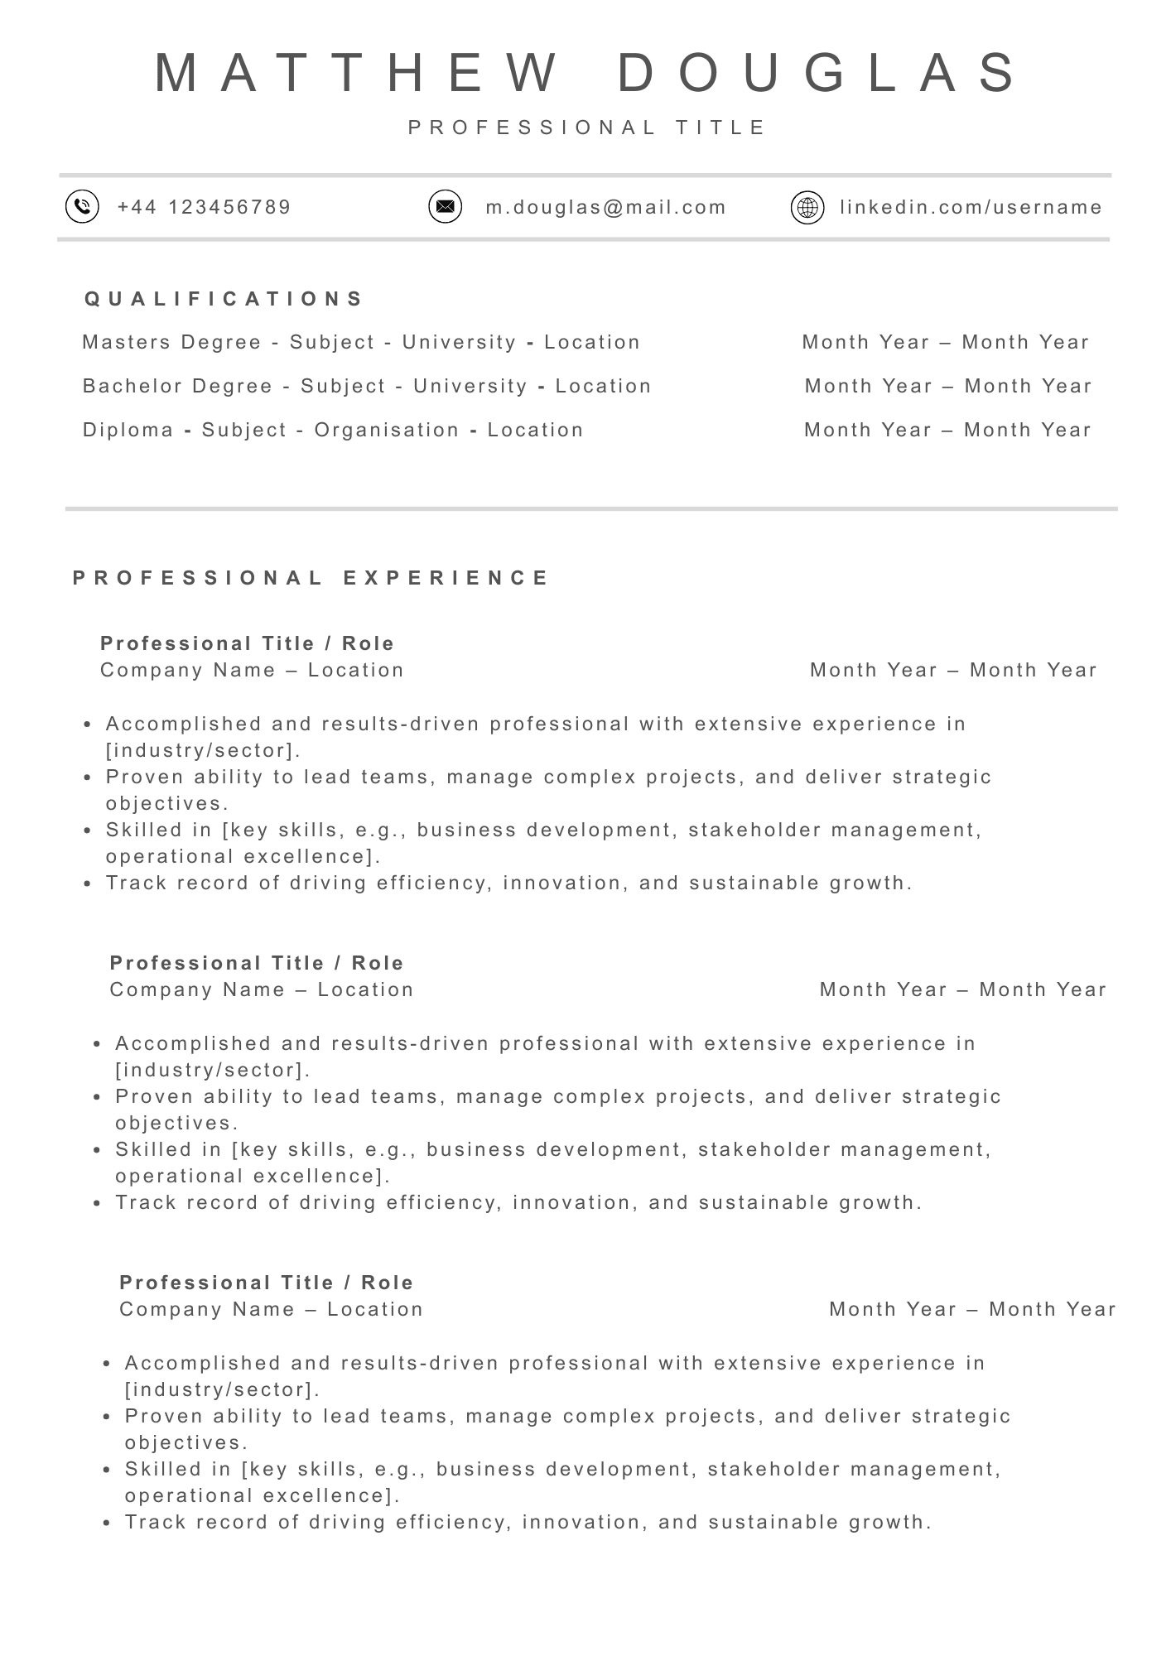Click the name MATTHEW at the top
[x=356, y=73]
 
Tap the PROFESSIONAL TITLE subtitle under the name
[x=588, y=128]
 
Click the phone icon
[x=82, y=206]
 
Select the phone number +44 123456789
[x=205, y=207]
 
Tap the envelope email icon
[x=445, y=206]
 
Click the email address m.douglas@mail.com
[x=606, y=207]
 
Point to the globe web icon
[x=807, y=207]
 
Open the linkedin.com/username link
[x=971, y=207]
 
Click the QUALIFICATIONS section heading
[x=224, y=299]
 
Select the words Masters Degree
[x=172, y=342]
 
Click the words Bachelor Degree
[x=178, y=386]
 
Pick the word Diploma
[x=128, y=430]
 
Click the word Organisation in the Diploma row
[x=387, y=430]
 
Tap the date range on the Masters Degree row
[x=946, y=342]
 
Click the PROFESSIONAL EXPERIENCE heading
[x=311, y=578]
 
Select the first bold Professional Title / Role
[x=248, y=643]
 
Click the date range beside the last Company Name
[x=973, y=1309]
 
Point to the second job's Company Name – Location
[x=262, y=989]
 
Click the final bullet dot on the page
[x=107, y=1523]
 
